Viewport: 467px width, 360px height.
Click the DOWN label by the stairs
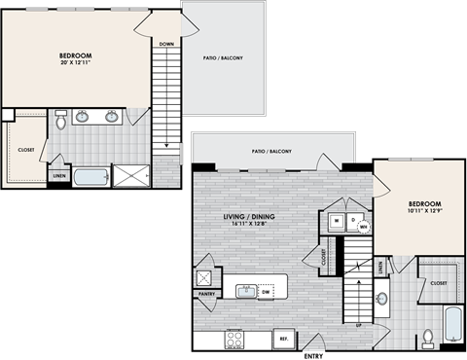(166, 44)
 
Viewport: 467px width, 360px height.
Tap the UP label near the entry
(359, 324)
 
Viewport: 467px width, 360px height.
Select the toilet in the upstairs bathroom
(60, 120)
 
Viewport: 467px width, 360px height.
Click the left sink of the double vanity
(85, 117)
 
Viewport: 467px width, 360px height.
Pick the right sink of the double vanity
(112, 117)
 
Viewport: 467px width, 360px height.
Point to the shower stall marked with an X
(128, 176)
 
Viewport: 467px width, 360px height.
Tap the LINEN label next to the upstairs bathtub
(59, 176)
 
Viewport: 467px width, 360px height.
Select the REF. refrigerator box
(284, 337)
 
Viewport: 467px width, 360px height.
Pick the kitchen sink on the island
(247, 289)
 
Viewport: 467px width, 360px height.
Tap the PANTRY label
(206, 292)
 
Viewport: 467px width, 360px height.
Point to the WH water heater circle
(366, 230)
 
